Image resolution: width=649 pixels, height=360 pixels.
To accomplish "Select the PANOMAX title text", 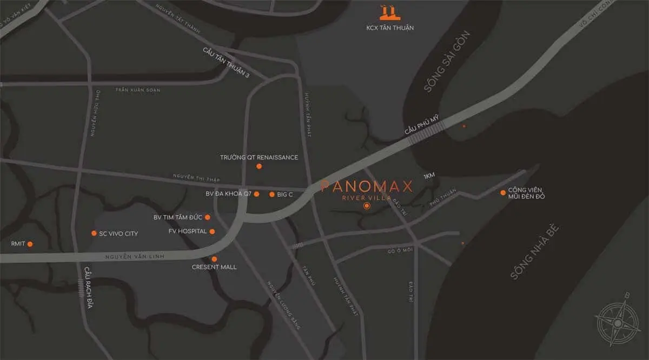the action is pyautogui.click(x=367, y=186).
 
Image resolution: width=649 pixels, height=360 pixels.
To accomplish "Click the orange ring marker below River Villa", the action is pyautogui.click(x=367, y=206).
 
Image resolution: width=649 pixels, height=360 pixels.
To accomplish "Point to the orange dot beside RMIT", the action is pyautogui.click(x=30, y=244).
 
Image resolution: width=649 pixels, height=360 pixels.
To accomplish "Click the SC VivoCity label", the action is pyautogui.click(x=118, y=234).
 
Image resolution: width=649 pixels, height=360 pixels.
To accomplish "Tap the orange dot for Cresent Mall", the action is pyautogui.click(x=214, y=259).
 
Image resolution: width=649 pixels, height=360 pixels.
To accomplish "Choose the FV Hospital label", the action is pyautogui.click(x=188, y=231).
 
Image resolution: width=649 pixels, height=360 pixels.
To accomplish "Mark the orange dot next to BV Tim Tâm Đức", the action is pyautogui.click(x=208, y=217).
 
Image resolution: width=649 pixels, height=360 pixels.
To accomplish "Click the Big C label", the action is pyautogui.click(x=284, y=194).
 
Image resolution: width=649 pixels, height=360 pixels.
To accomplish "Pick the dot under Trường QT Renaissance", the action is pyautogui.click(x=259, y=166).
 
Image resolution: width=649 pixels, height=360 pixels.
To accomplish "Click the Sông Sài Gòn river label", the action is pyautogui.click(x=447, y=61).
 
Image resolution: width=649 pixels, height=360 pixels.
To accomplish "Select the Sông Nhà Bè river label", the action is pyautogui.click(x=534, y=251).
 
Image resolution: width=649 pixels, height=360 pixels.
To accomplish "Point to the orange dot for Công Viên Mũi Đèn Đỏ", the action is pyautogui.click(x=503, y=192).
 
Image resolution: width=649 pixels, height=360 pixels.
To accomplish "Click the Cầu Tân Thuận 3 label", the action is pyautogui.click(x=226, y=63).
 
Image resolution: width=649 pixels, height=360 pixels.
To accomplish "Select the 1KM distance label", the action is pyautogui.click(x=429, y=176).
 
